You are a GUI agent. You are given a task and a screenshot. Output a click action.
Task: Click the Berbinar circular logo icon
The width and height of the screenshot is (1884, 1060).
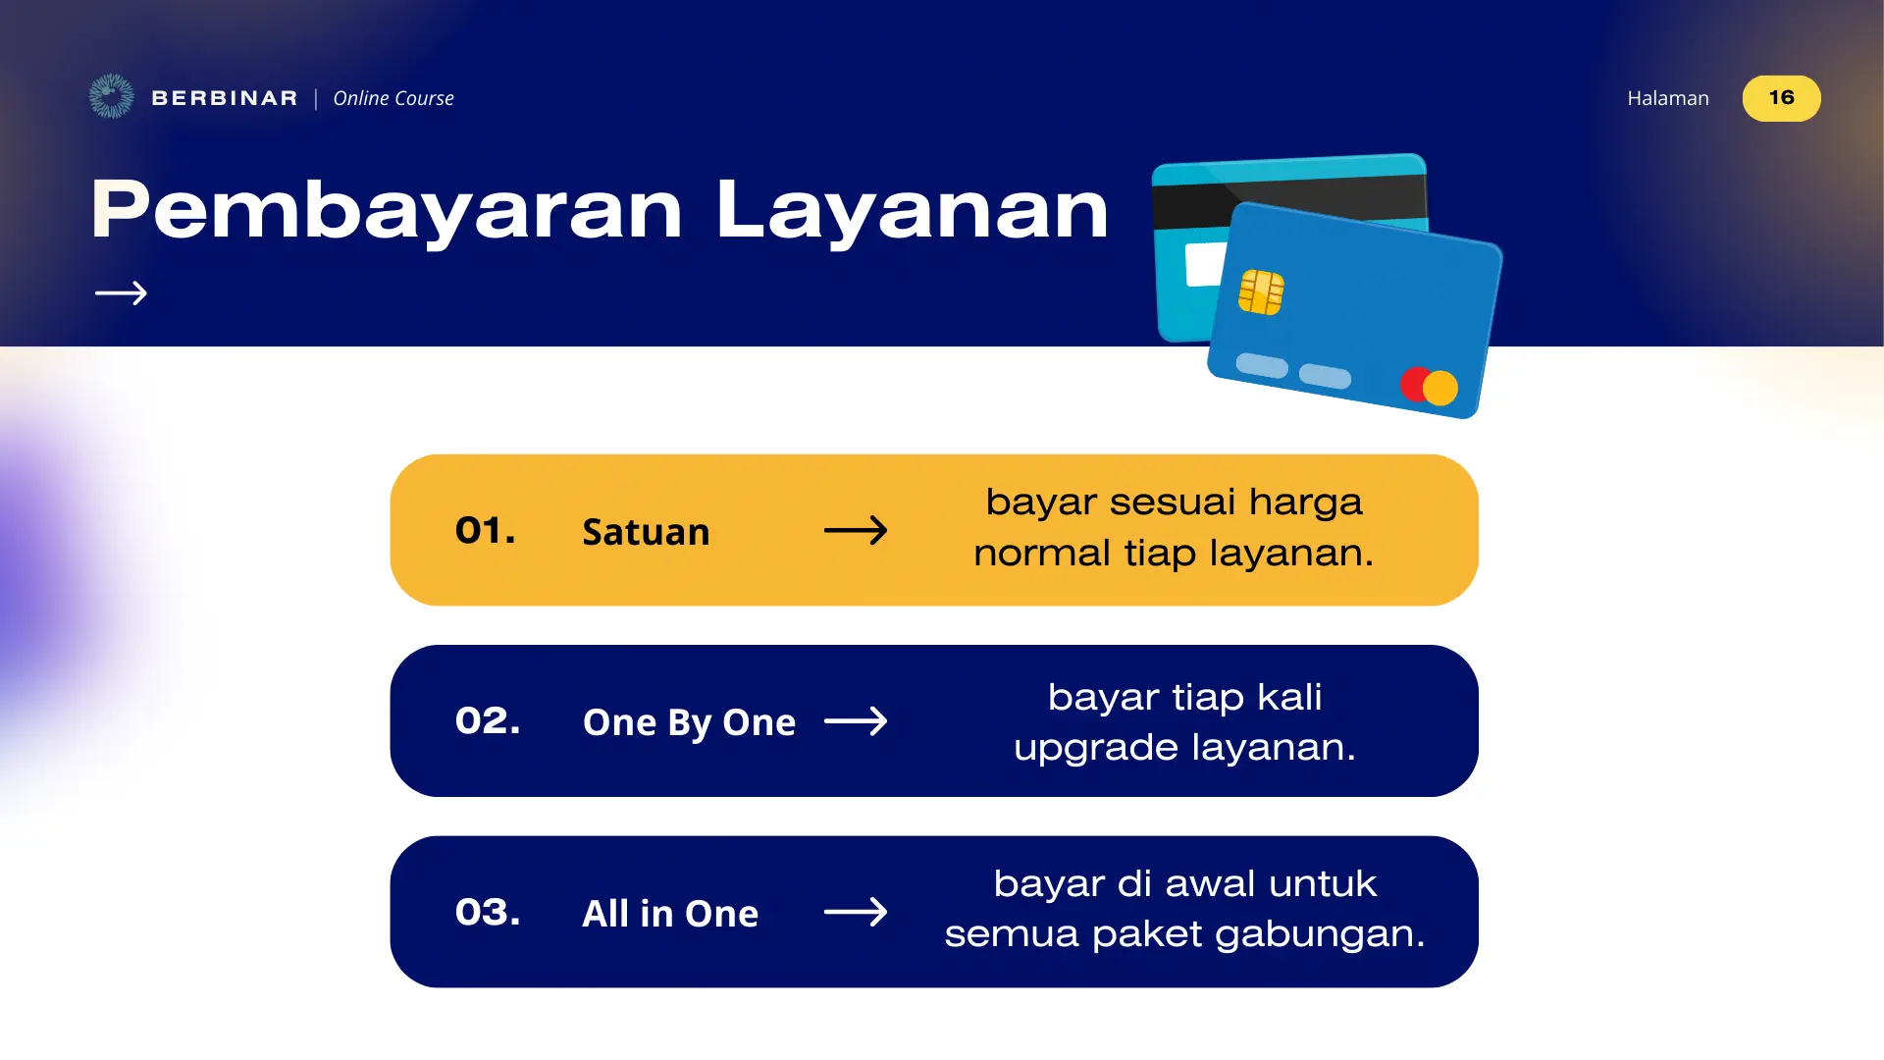click(x=111, y=96)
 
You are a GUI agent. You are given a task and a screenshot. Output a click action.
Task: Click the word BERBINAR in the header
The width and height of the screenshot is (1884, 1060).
click(x=225, y=98)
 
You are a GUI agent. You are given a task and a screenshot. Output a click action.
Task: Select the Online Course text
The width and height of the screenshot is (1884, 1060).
click(x=393, y=98)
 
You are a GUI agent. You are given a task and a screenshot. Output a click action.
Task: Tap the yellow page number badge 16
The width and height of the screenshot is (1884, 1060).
click(x=1781, y=98)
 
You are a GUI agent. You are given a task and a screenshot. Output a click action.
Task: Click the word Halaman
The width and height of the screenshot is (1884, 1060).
click(x=1667, y=98)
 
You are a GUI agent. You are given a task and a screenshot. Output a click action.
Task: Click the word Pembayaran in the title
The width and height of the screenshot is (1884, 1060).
click(x=387, y=210)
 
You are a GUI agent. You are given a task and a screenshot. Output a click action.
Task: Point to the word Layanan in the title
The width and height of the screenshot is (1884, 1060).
click(x=912, y=210)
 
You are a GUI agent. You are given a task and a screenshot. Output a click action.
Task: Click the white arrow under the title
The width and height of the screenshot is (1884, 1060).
click(x=121, y=292)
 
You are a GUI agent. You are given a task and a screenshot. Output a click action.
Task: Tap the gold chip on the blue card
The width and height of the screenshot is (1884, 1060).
click(x=1261, y=291)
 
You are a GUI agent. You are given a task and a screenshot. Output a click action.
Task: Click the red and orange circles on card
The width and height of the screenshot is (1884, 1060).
click(x=1430, y=387)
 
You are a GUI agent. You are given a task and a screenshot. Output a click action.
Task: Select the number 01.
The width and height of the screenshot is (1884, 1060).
click(x=485, y=531)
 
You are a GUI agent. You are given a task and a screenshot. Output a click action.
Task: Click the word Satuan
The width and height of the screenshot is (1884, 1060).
click(x=646, y=532)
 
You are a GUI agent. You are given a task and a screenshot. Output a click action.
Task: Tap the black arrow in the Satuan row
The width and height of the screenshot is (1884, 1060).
click(x=856, y=531)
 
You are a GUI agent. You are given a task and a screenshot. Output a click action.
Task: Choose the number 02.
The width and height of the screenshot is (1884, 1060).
click(x=488, y=721)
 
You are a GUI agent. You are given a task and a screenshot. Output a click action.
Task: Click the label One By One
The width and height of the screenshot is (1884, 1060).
click(x=689, y=722)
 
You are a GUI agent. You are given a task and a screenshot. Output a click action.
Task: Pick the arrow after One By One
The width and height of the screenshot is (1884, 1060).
click(x=856, y=721)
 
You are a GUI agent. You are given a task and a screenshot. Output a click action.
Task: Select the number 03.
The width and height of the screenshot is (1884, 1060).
click(x=488, y=913)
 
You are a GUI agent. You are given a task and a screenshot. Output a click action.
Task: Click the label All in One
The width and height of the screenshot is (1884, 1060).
click(x=670, y=914)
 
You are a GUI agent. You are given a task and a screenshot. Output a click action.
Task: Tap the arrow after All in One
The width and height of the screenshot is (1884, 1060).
click(x=856, y=913)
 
